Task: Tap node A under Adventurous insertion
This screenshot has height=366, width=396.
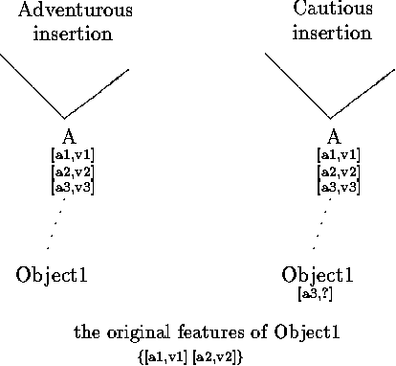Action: tap(69, 137)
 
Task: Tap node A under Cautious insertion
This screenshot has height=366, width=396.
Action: tap(334, 137)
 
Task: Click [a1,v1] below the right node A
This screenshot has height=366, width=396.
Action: tap(338, 155)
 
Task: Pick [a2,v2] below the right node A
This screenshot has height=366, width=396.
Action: tap(338, 171)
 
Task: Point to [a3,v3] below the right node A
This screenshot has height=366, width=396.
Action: tap(338, 186)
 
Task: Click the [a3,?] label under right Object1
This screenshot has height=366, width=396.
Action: tap(316, 292)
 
